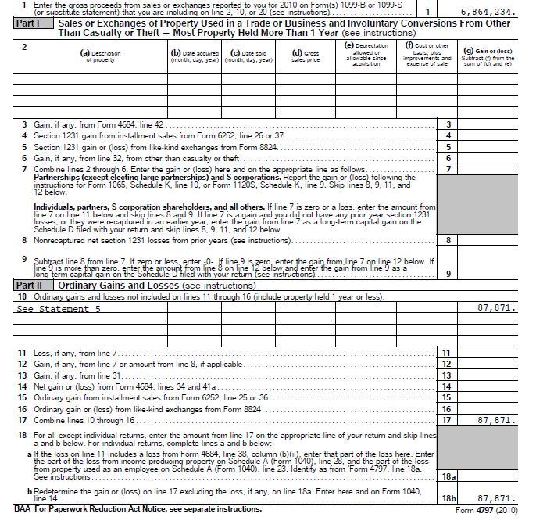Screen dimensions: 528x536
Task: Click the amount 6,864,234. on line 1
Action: [488, 13]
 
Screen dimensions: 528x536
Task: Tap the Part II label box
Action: [28, 286]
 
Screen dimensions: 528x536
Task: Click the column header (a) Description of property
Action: [101, 56]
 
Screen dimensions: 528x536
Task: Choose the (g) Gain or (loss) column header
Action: [488, 56]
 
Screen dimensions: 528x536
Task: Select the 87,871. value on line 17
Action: [495, 420]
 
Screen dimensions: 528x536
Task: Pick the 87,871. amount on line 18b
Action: [495, 497]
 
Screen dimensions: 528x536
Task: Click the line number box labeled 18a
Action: [448, 476]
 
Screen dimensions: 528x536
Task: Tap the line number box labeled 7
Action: [448, 169]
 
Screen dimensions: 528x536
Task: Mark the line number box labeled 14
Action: [447, 386]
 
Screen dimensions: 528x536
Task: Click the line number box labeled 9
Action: [448, 273]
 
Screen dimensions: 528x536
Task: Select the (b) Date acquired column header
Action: [195, 56]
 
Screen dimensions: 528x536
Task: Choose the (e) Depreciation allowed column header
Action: [366, 55]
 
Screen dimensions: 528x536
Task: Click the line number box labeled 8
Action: [448, 240]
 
